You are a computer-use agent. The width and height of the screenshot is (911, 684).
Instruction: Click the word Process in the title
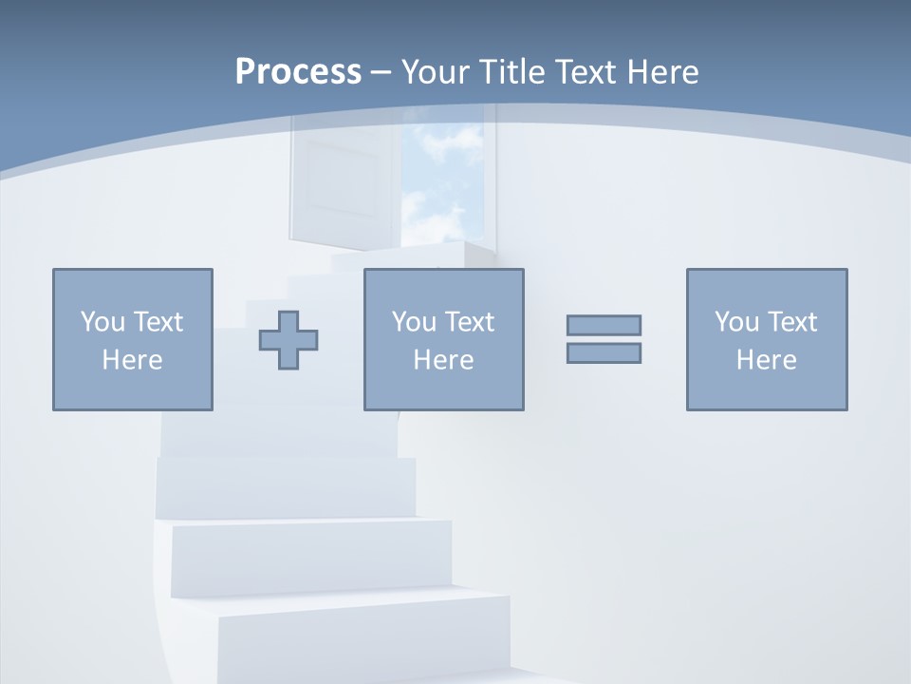click(x=298, y=72)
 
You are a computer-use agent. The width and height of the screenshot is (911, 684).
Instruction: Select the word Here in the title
click(x=660, y=72)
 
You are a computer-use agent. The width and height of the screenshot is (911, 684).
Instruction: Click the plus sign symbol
click(x=288, y=339)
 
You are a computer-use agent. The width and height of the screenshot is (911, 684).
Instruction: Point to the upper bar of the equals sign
click(x=604, y=325)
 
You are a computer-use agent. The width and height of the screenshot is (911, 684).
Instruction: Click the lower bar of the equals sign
click(x=604, y=353)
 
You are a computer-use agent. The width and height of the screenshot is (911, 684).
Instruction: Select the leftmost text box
click(x=132, y=339)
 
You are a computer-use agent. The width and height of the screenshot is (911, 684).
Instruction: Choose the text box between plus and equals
click(x=443, y=339)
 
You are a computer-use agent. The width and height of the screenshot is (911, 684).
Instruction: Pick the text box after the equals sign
click(x=766, y=339)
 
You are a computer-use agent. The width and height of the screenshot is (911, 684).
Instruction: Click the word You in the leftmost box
click(x=102, y=322)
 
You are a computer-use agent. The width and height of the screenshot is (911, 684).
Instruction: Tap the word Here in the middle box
click(x=443, y=360)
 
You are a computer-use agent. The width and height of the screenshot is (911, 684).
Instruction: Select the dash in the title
click(x=381, y=72)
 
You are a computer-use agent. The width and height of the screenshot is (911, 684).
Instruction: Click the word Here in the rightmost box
click(x=766, y=360)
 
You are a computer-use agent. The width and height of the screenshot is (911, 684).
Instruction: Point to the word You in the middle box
click(x=414, y=322)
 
